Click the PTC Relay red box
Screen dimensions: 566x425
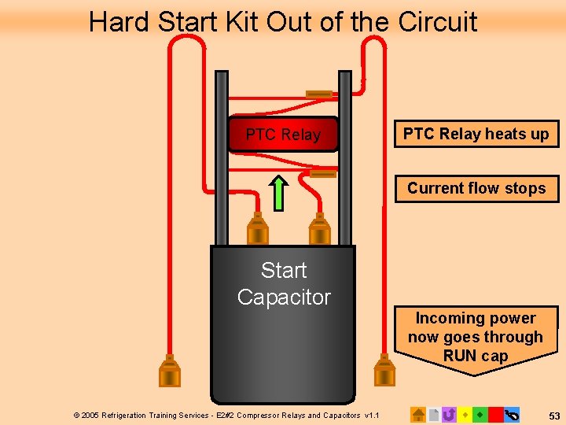[283, 134]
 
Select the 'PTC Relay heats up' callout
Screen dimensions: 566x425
[476, 134]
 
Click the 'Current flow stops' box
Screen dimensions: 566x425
[476, 188]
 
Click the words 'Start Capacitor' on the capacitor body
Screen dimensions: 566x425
[284, 283]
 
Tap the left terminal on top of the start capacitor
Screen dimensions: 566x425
[258, 230]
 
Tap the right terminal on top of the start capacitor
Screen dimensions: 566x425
[319, 230]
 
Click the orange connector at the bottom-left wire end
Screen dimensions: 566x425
[169, 371]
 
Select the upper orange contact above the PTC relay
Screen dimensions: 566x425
[319, 94]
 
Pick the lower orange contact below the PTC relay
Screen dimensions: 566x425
[322, 173]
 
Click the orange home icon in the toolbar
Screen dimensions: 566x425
[418, 414]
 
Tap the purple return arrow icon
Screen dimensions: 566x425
[449, 414]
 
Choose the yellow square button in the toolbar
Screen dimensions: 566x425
[465, 414]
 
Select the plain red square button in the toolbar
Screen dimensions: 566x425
[495, 414]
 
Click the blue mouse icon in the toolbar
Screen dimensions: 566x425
[512, 414]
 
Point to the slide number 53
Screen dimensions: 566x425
[553, 415]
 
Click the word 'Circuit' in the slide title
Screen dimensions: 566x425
[438, 21]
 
